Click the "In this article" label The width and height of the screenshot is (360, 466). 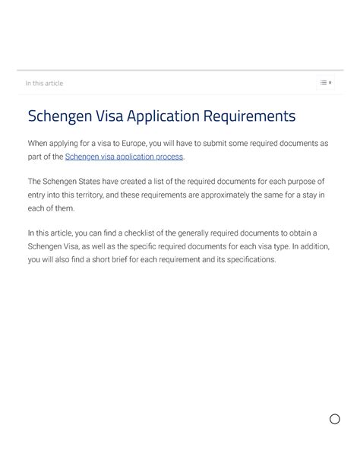point(45,83)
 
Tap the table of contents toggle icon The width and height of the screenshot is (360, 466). point(325,83)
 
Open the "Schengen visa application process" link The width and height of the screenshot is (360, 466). point(124,157)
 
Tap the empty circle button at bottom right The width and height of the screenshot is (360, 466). point(334,419)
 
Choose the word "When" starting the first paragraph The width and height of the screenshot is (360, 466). point(39,143)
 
